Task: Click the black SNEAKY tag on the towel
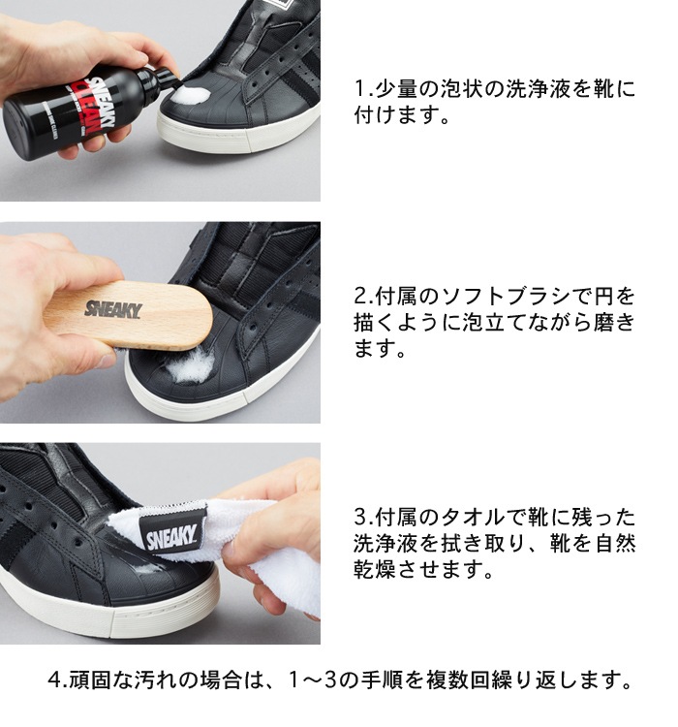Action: point(171,534)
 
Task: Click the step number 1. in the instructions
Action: point(363,90)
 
